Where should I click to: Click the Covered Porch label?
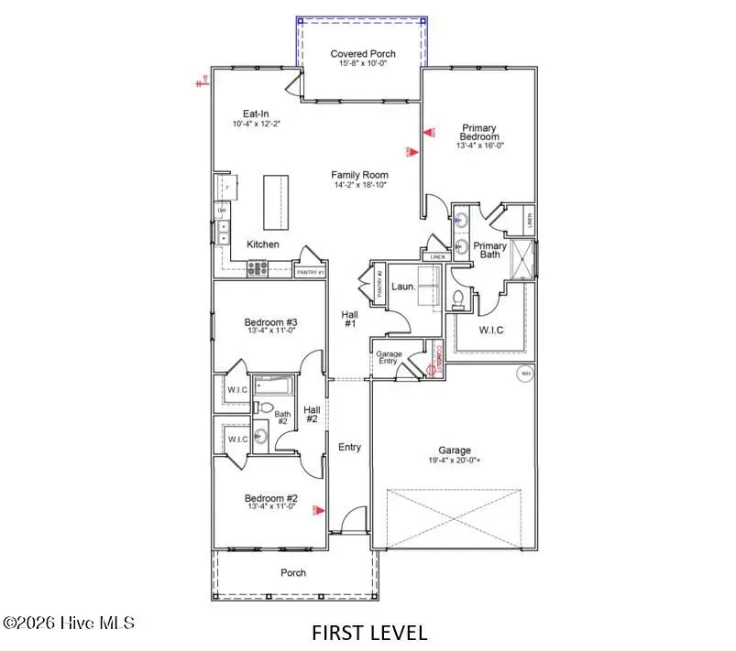(363, 54)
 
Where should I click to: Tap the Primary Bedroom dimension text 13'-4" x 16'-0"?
(478, 144)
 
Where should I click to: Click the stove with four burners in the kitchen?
(258, 268)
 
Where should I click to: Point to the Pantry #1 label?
(309, 272)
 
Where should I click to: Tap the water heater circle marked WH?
(526, 374)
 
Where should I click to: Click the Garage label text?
(454, 450)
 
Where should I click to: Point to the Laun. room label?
(403, 287)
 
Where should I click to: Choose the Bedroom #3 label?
(269, 322)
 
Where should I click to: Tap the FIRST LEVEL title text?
(368, 633)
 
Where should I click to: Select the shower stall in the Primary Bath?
(522, 256)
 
